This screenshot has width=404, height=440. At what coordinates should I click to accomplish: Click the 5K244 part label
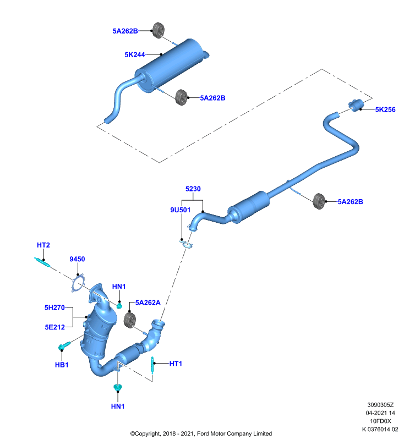point(135,54)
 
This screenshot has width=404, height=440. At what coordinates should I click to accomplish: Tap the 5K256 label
point(385,109)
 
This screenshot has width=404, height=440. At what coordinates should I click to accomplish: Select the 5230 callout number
point(193,189)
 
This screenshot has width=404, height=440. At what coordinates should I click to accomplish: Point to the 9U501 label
point(180,210)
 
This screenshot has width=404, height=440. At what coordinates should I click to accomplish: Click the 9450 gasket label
point(77,259)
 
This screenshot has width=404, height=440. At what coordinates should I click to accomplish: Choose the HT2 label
point(43,245)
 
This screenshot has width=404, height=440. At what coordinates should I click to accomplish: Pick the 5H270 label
point(54,307)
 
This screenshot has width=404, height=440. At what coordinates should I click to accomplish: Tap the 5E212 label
point(54,327)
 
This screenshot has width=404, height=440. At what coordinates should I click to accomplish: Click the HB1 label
point(62,365)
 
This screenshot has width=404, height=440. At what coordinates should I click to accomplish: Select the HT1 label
point(176,364)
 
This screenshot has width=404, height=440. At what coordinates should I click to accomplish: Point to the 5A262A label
point(148,302)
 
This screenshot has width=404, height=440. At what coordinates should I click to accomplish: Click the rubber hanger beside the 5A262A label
point(130,320)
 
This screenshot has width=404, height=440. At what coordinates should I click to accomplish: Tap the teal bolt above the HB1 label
point(64,346)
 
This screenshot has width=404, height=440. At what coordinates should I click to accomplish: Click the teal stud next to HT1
point(152,365)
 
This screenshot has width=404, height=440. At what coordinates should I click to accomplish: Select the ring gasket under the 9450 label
point(78,283)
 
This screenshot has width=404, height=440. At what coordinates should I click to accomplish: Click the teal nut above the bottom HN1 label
point(118,388)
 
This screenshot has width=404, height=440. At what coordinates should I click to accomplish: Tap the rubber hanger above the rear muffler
point(159,30)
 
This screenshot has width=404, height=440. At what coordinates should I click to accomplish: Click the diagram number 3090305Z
point(380,405)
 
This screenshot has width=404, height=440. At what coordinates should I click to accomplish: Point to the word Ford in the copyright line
point(203,433)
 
